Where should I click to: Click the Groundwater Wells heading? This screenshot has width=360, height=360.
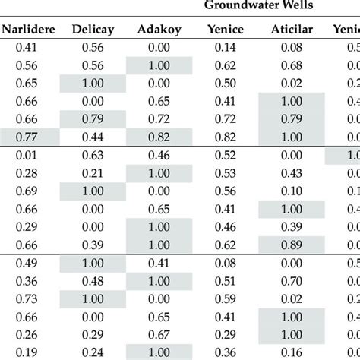pyautogui.click(x=259, y=7)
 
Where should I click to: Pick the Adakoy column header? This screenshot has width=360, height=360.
pyautogui.click(x=158, y=31)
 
